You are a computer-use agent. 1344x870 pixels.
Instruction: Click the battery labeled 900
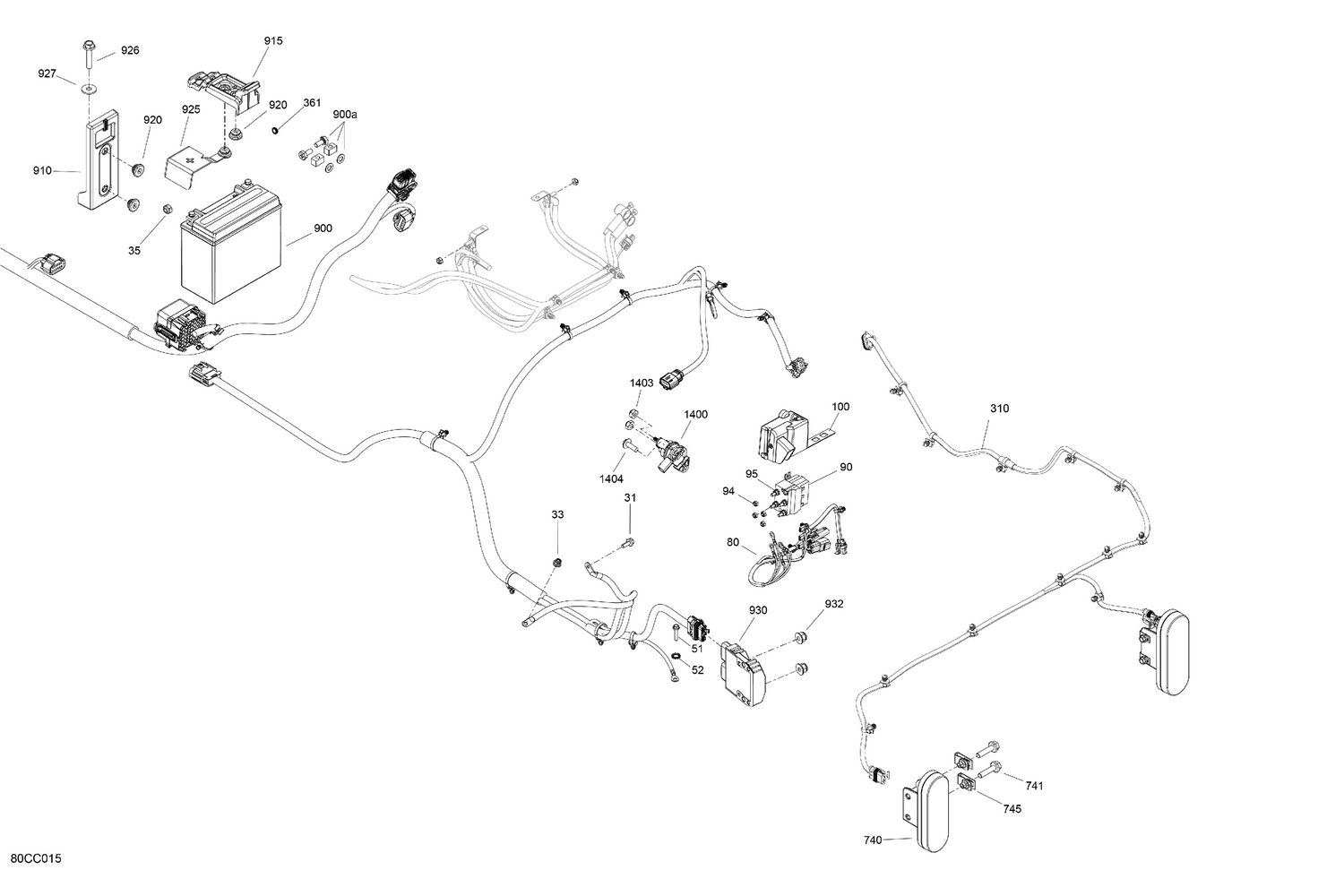(231, 243)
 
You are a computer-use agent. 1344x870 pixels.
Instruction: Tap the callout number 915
(273, 41)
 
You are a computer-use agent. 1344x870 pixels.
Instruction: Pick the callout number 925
(191, 109)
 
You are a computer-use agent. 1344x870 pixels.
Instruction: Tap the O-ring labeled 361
(276, 130)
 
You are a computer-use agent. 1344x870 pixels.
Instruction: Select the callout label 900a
(345, 115)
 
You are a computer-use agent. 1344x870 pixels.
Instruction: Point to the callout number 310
(1000, 409)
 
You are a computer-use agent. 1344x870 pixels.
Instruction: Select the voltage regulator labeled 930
(745, 674)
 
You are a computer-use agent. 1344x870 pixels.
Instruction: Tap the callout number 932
(834, 604)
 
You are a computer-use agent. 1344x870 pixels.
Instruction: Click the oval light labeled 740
(927, 809)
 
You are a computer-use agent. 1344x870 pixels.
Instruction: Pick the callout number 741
(1034, 786)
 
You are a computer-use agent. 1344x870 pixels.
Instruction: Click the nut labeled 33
(557, 562)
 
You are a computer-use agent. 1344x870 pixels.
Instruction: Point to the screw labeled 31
(627, 542)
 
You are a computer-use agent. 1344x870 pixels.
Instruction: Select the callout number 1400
(696, 414)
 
